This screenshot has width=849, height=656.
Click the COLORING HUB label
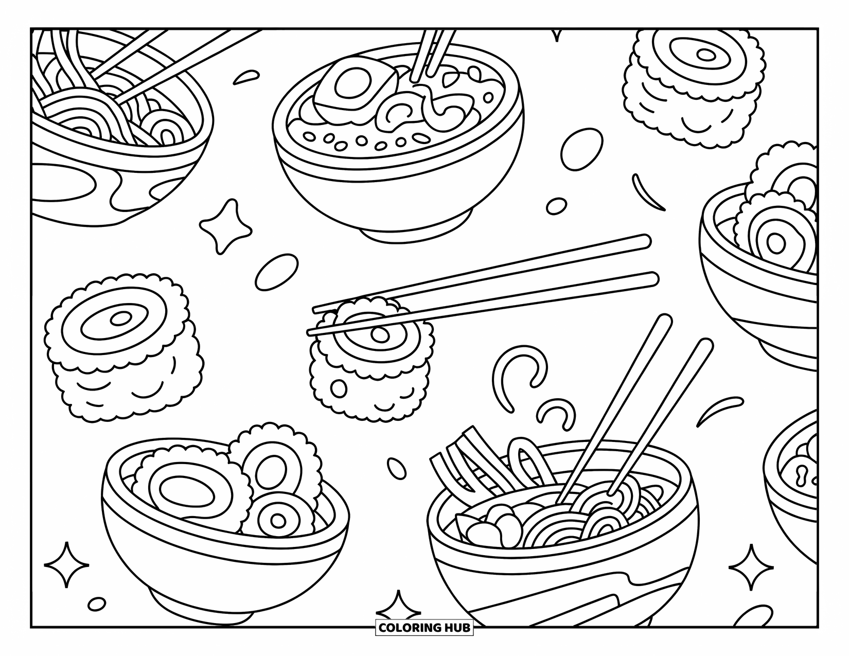(x=424, y=627)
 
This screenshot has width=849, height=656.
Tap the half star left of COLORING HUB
(x=397, y=613)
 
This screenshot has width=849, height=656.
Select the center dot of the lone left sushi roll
(x=121, y=319)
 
